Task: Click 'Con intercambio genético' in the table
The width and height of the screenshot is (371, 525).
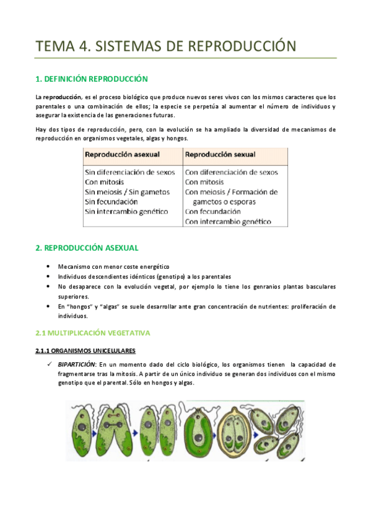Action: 228,222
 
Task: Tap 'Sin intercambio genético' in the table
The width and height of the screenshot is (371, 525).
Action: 126,212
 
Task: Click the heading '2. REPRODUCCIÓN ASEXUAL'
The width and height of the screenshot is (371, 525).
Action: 87,248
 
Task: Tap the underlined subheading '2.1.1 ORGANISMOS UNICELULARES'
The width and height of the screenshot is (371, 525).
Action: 90,352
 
